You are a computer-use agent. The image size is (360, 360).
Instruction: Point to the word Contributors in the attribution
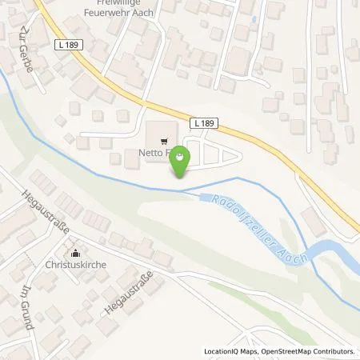(x=334, y=351)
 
